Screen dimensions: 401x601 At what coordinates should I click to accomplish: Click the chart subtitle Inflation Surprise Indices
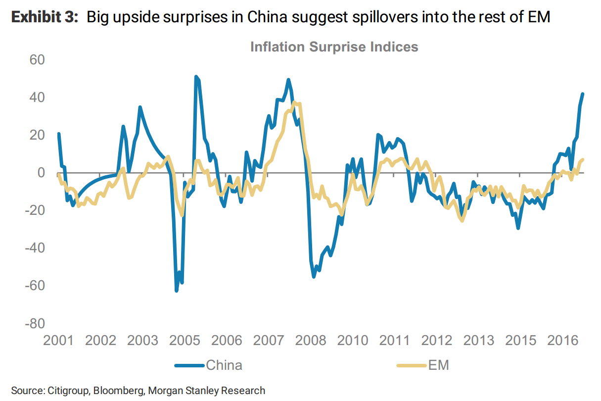coord(334,47)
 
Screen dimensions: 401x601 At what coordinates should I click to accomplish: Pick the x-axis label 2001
coord(58,341)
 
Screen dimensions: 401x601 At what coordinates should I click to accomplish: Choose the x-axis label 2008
coord(310,341)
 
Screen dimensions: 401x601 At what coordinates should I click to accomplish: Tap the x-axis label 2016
coord(562,341)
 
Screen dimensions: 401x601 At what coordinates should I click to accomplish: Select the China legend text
coord(224,365)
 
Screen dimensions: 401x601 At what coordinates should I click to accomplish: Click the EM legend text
coord(437,365)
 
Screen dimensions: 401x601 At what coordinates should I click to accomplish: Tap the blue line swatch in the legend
coord(189,366)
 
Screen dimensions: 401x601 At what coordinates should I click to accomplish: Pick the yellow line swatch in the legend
coord(412,366)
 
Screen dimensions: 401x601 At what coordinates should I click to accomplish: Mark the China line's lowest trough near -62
coord(177,291)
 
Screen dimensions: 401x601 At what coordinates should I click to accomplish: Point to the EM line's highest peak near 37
coord(294,102)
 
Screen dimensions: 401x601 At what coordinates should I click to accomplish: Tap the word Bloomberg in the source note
coord(113,391)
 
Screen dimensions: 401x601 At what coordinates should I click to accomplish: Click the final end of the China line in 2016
coord(583,94)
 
